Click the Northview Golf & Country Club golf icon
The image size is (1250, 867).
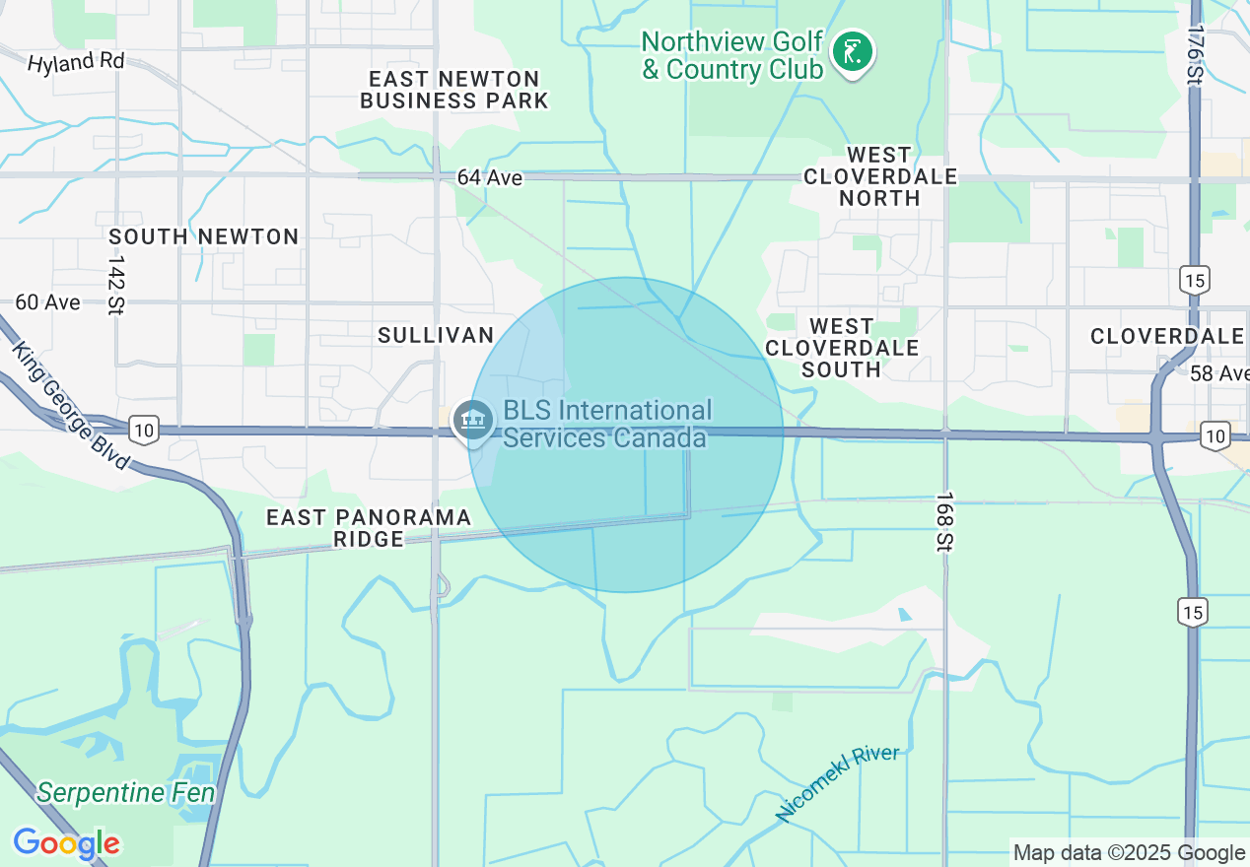(x=850, y=52)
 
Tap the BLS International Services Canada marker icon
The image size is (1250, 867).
(x=473, y=421)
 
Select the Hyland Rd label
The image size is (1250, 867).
(x=76, y=62)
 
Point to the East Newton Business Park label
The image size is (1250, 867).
(x=453, y=90)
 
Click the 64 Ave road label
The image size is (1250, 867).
(x=489, y=177)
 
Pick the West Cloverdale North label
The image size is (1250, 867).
(x=879, y=176)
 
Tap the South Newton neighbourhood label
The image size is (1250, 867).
(x=204, y=236)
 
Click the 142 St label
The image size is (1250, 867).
(x=116, y=285)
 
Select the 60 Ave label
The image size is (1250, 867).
(x=47, y=301)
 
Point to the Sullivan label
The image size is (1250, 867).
(x=436, y=335)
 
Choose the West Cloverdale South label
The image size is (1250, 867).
(x=841, y=348)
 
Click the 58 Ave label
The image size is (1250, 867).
(x=1218, y=373)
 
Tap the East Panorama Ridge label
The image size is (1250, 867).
(x=369, y=528)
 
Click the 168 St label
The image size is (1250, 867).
(x=944, y=520)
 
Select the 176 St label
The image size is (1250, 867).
(x=1196, y=55)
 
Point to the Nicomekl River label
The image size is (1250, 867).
(x=837, y=782)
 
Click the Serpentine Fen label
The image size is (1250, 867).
(x=126, y=792)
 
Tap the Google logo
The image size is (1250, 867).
(x=66, y=843)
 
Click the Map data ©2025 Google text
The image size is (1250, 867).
(x=1129, y=853)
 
